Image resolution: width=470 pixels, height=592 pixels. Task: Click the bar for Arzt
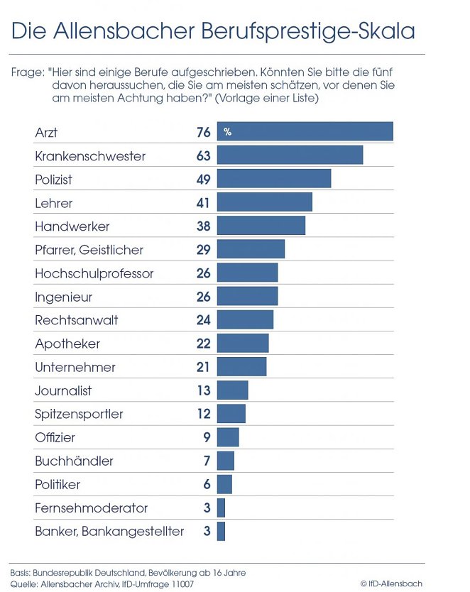point(305,132)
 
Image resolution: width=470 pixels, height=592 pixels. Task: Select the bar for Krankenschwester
point(290,155)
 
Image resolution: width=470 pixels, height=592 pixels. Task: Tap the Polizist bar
point(274,179)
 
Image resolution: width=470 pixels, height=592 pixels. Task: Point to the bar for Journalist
point(232,390)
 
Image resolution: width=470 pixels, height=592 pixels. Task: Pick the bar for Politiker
point(224,484)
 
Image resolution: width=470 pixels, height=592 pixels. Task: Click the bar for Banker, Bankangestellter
point(221,531)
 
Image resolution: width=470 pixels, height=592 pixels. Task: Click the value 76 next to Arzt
point(203,132)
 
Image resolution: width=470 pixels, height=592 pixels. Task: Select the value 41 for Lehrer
point(203,203)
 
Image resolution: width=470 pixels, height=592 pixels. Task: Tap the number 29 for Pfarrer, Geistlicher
point(203,250)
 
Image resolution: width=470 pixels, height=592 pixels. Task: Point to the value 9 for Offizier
point(207,437)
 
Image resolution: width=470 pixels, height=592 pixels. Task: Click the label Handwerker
point(72,226)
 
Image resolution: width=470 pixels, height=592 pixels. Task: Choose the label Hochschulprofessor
point(94,273)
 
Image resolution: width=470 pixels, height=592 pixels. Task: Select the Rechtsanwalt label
point(76,320)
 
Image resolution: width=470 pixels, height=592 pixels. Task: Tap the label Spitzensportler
point(79,414)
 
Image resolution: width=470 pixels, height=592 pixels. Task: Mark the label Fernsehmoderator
point(91,508)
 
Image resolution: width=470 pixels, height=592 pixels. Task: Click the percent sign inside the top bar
point(228,132)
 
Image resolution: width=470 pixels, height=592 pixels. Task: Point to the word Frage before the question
point(26,73)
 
